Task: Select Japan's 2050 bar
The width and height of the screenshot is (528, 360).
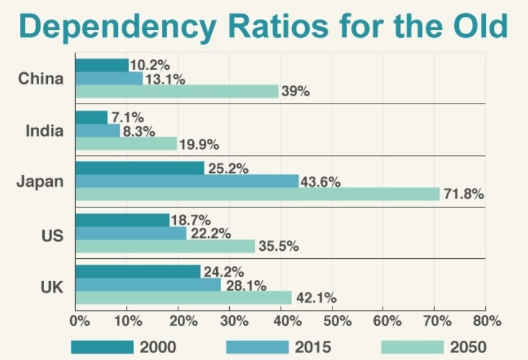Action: tap(257, 194)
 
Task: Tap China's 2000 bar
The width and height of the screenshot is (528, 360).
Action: tap(102, 65)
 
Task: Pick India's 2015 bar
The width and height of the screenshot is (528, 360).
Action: tap(98, 130)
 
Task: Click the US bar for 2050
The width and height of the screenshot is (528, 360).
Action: tap(165, 246)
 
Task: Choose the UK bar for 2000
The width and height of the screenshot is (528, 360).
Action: tap(138, 272)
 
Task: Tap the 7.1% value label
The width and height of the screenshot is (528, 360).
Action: tap(127, 117)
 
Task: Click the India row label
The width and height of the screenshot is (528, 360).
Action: tap(44, 131)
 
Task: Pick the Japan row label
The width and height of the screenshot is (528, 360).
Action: tap(40, 182)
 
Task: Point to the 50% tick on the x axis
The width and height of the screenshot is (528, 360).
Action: tap(333, 322)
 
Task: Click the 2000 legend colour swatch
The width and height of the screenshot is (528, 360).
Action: tap(102, 346)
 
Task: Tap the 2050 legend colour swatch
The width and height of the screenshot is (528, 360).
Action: tap(412, 346)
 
